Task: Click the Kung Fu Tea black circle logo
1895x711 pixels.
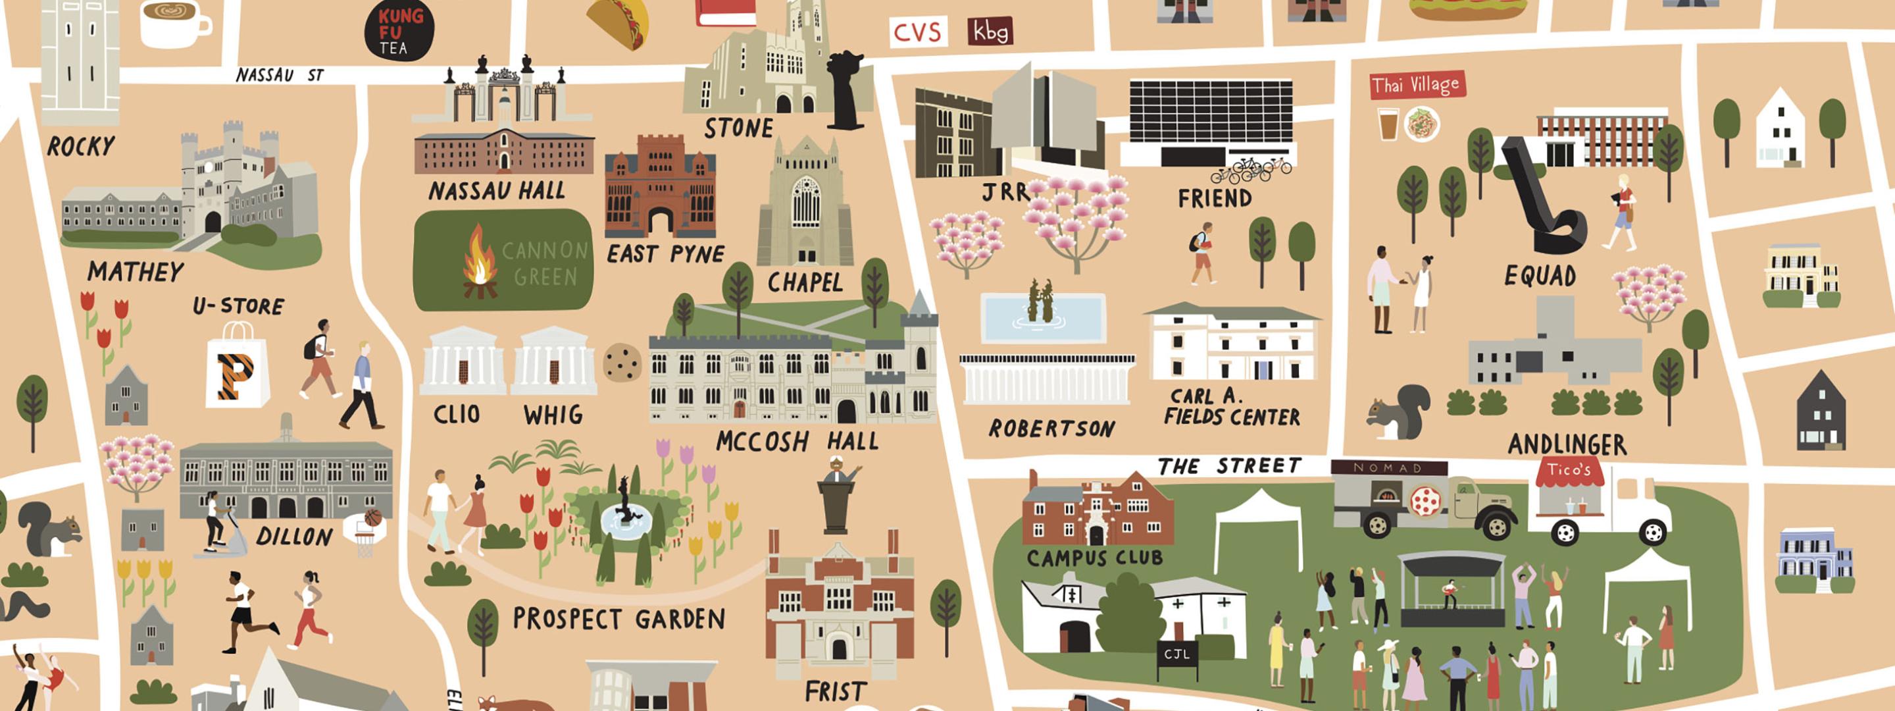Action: pos(399,30)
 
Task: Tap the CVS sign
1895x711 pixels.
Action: pos(917,32)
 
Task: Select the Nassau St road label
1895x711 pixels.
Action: pos(280,75)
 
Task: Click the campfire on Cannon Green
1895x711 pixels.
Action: pos(479,263)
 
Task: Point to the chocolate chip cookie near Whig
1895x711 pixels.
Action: pos(622,361)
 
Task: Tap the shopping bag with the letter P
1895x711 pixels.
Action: pos(237,368)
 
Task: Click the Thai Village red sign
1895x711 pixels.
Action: pos(1416,85)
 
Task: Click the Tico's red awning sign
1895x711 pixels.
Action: pos(1569,471)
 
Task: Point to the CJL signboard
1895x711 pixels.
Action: pos(1176,653)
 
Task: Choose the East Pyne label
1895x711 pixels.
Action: pos(666,255)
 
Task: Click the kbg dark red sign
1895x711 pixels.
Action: pos(990,32)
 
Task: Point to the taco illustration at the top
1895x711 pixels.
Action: pos(619,20)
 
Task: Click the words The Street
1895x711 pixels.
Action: pos(1229,466)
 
